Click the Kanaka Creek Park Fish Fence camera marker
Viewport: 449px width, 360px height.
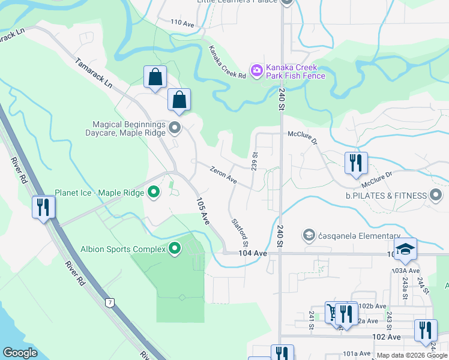coord(256,71)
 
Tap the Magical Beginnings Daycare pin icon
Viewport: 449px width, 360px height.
coord(175,127)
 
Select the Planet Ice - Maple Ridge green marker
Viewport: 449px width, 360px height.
coord(154,193)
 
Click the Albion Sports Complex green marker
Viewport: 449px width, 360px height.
coord(175,248)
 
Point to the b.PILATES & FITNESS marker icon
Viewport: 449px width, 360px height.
coord(436,195)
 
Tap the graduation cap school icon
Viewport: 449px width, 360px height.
coord(405,249)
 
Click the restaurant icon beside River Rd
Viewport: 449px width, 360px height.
coord(43,207)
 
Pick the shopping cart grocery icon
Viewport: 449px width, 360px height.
coord(332,312)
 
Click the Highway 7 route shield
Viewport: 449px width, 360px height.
coord(109,301)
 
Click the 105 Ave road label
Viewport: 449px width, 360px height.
coord(203,212)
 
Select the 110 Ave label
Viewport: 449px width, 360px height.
coord(182,23)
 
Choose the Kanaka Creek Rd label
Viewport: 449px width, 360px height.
coord(228,62)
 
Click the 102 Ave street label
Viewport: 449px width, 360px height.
coord(386,337)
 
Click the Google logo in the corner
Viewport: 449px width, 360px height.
coord(20,353)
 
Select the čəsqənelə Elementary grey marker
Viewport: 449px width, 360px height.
coord(309,235)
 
